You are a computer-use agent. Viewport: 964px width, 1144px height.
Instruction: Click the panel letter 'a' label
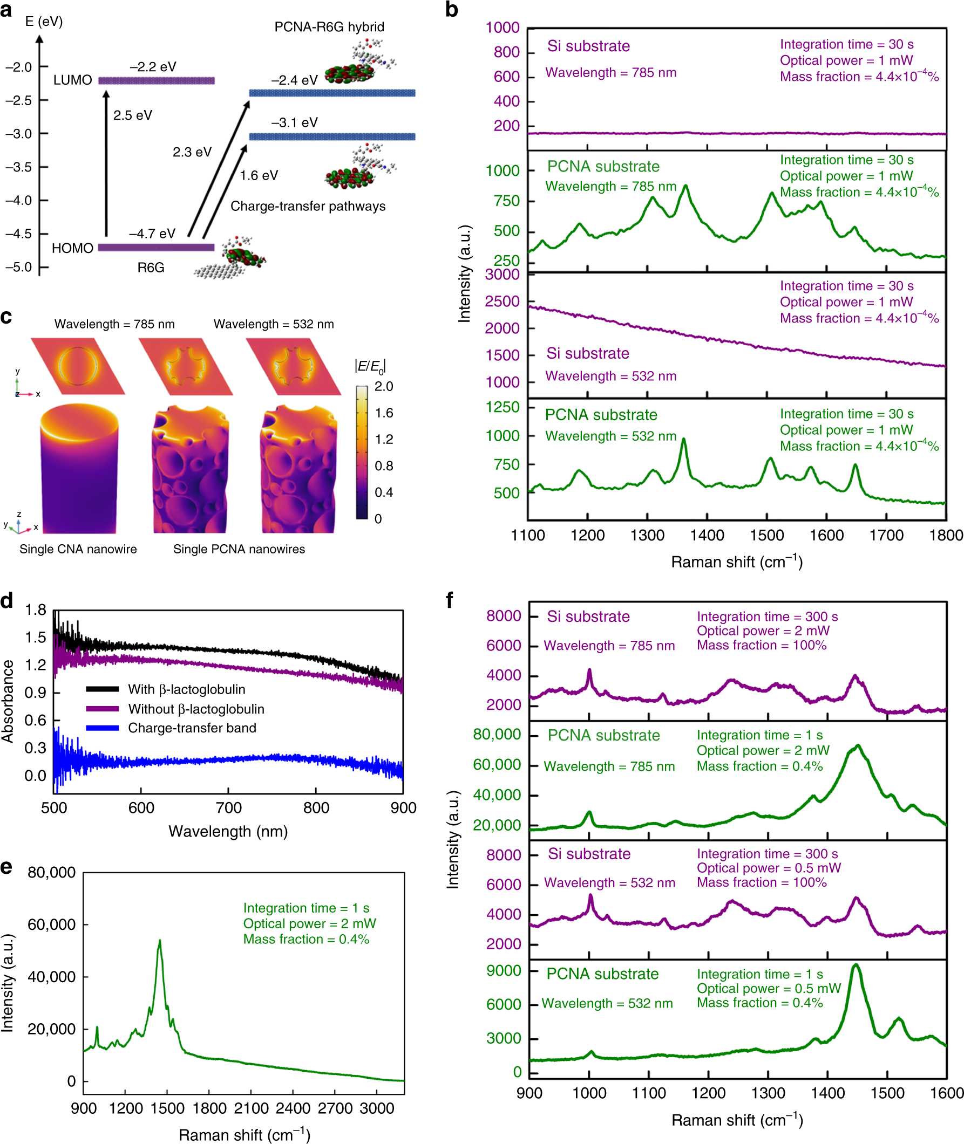6,9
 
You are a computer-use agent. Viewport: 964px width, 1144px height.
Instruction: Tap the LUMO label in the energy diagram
72,80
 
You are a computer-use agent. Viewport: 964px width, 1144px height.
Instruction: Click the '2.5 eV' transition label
133,115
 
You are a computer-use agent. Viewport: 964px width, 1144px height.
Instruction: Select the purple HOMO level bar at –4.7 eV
156,248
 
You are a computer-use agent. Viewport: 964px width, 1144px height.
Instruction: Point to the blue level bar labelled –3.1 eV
332,136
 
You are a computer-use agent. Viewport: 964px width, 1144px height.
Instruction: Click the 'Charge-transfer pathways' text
308,206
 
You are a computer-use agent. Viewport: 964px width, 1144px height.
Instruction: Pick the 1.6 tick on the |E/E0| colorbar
384,413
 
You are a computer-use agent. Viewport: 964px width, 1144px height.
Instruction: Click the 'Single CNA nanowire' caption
78,549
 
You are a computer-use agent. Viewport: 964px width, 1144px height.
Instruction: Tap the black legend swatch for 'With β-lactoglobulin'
102,689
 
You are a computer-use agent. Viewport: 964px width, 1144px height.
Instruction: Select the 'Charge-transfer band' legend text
192,728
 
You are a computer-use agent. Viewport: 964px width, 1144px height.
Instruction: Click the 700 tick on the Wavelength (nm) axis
228,808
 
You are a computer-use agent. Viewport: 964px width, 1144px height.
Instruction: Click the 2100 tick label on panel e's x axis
251,1108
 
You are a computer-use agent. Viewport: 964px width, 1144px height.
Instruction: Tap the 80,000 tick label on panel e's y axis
51,872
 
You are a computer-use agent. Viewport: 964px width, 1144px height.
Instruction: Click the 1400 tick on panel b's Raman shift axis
707,535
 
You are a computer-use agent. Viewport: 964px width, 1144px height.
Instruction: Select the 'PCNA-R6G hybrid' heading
329,27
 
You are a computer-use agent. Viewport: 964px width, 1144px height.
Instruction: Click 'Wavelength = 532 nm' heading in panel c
273,324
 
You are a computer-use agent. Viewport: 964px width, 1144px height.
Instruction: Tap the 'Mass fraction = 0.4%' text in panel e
306,939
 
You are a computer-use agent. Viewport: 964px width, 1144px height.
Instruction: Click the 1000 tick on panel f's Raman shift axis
589,1093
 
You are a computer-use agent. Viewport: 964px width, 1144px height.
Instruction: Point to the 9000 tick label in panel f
503,970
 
